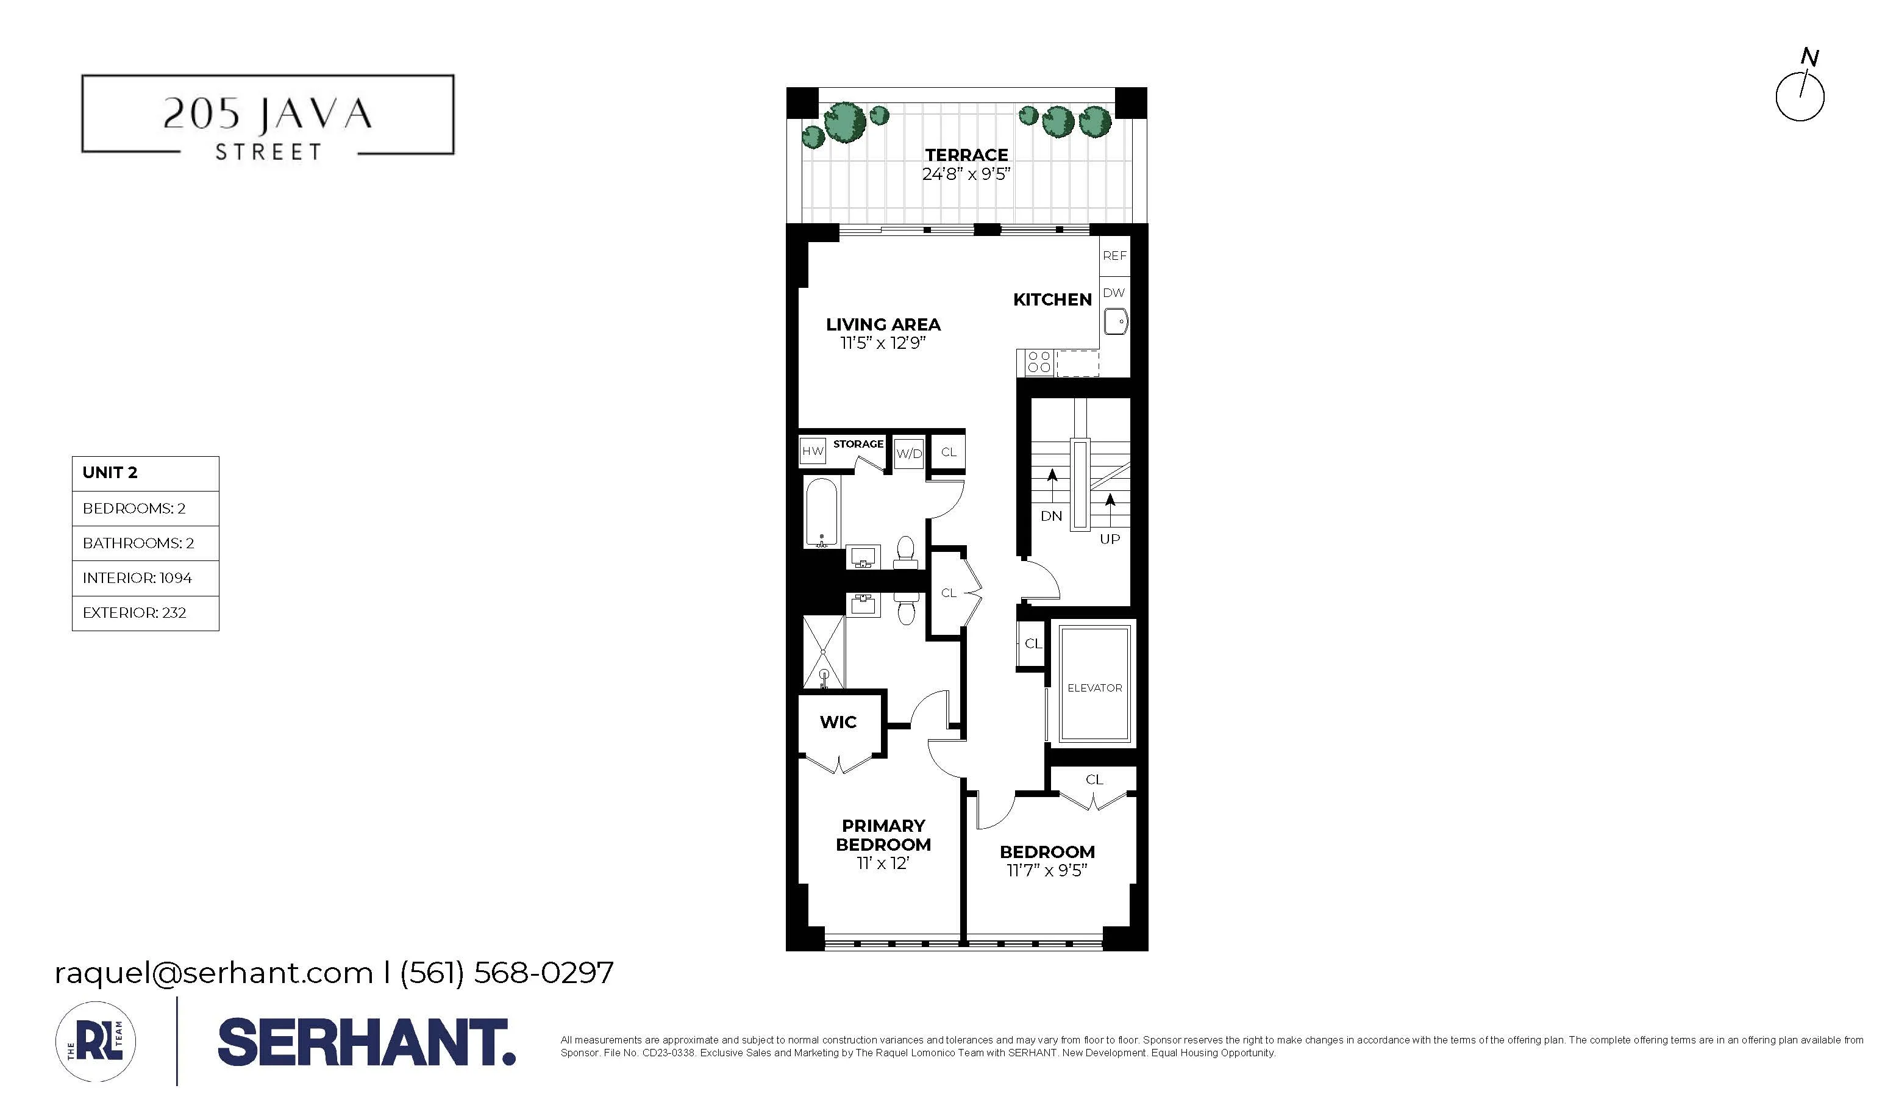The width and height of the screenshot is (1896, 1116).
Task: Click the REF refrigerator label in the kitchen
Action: [x=1114, y=256]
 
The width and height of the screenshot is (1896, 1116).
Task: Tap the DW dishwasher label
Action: [x=1114, y=293]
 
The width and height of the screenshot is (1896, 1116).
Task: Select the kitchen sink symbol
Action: [x=1115, y=322]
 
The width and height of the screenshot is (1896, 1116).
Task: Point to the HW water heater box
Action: [x=813, y=451]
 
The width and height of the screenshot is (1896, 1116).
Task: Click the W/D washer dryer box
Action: [x=909, y=453]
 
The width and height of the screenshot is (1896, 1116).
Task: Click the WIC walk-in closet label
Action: [x=838, y=723]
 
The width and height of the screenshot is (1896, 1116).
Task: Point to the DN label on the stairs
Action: [x=1051, y=517]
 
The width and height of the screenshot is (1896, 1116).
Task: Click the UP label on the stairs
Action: [x=1110, y=539]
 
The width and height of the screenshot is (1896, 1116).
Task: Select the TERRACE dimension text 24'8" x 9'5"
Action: [x=966, y=174]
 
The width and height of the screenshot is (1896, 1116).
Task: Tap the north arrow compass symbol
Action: [x=1800, y=94]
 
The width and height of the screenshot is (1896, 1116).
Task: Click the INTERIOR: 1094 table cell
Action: [x=145, y=578]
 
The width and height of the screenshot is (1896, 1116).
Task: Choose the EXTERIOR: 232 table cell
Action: [x=145, y=612]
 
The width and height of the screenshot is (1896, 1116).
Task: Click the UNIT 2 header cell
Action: [x=145, y=473]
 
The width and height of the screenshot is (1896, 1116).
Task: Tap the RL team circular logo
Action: [x=96, y=1042]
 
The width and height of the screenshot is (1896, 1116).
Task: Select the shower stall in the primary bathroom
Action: [x=823, y=652]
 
